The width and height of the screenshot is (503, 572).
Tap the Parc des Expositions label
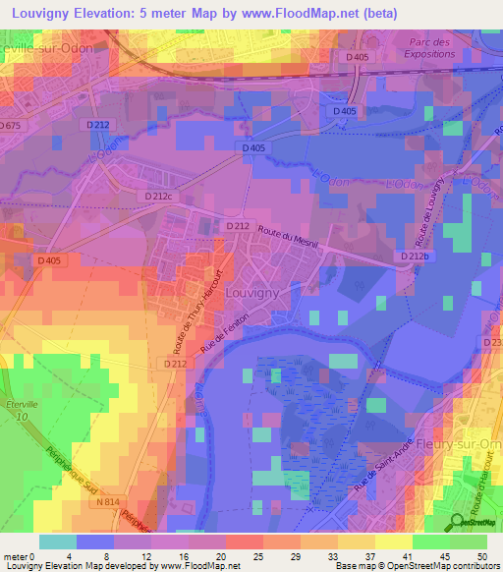(x=429, y=48)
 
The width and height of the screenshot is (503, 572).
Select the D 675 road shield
(x=10, y=126)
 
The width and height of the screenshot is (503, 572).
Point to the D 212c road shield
(x=157, y=197)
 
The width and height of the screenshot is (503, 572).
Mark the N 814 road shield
(x=109, y=502)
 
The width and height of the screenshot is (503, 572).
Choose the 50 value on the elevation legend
(x=481, y=555)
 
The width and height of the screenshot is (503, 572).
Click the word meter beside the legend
(x=15, y=555)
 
